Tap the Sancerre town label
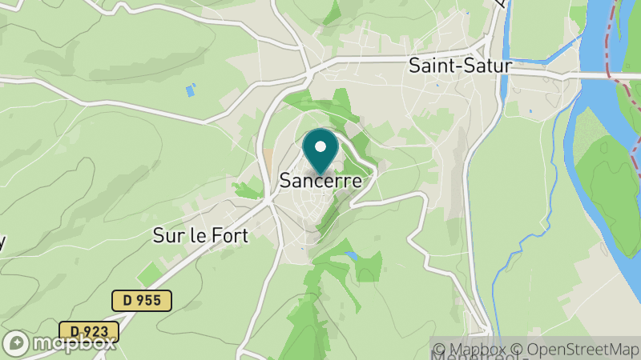tap(320, 182)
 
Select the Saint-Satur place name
tap(459, 66)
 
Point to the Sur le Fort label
tap(200, 236)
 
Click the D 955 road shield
tap(142, 301)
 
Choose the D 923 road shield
tap(89, 331)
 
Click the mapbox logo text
tap(75, 343)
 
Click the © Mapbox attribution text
tap(474, 350)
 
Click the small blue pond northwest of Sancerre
tap(190, 90)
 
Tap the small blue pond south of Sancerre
tap(351, 256)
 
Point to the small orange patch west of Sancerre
tap(267, 156)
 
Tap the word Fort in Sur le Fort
tap(229, 236)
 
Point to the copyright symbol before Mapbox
tap(439, 350)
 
